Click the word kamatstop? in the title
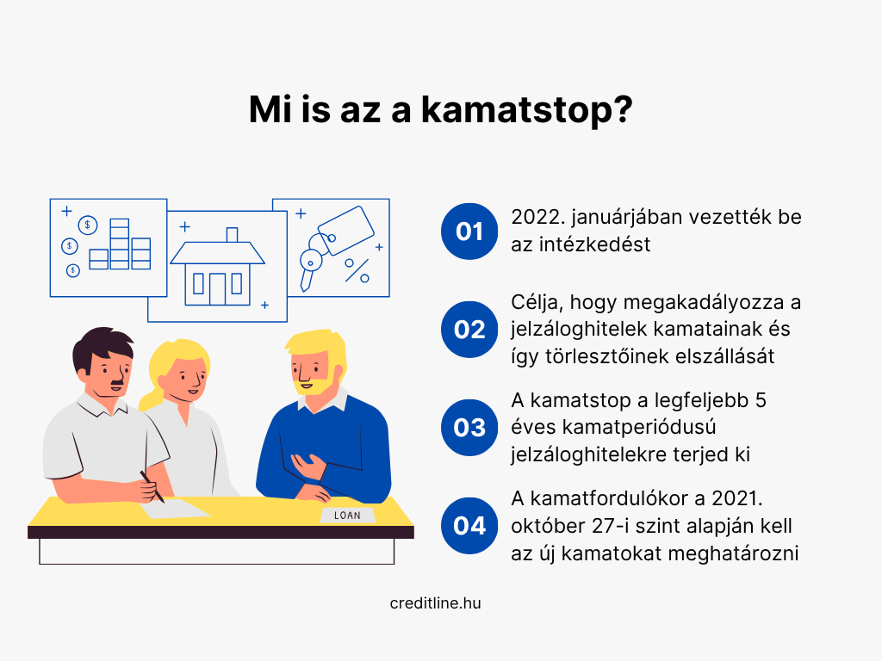click(x=526, y=110)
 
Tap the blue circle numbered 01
click(x=469, y=231)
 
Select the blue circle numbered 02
click(x=469, y=330)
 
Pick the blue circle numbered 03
click(x=469, y=427)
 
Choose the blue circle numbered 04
click(x=469, y=526)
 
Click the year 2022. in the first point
click(x=537, y=217)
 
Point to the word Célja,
click(x=537, y=303)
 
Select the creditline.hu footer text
click(x=435, y=603)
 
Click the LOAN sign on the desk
click(x=347, y=516)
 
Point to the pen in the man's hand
click(x=152, y=487)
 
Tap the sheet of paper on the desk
click(x=175, y=508)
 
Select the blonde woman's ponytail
click(x=150, y=397)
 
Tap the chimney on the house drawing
click(x=232, y=235)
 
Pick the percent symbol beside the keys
click(x=357, y=270)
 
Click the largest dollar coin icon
click(x=88, y=225)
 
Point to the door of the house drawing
click(x=217, y=289)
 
